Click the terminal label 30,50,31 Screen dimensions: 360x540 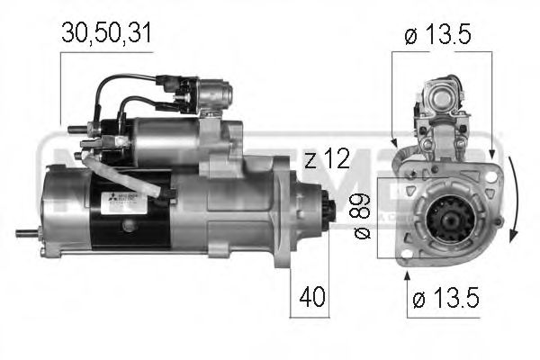[x=106, y=34]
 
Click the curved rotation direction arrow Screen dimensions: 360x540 [x=511, y=198]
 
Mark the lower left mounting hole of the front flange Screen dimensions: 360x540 [x=404, y=256]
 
